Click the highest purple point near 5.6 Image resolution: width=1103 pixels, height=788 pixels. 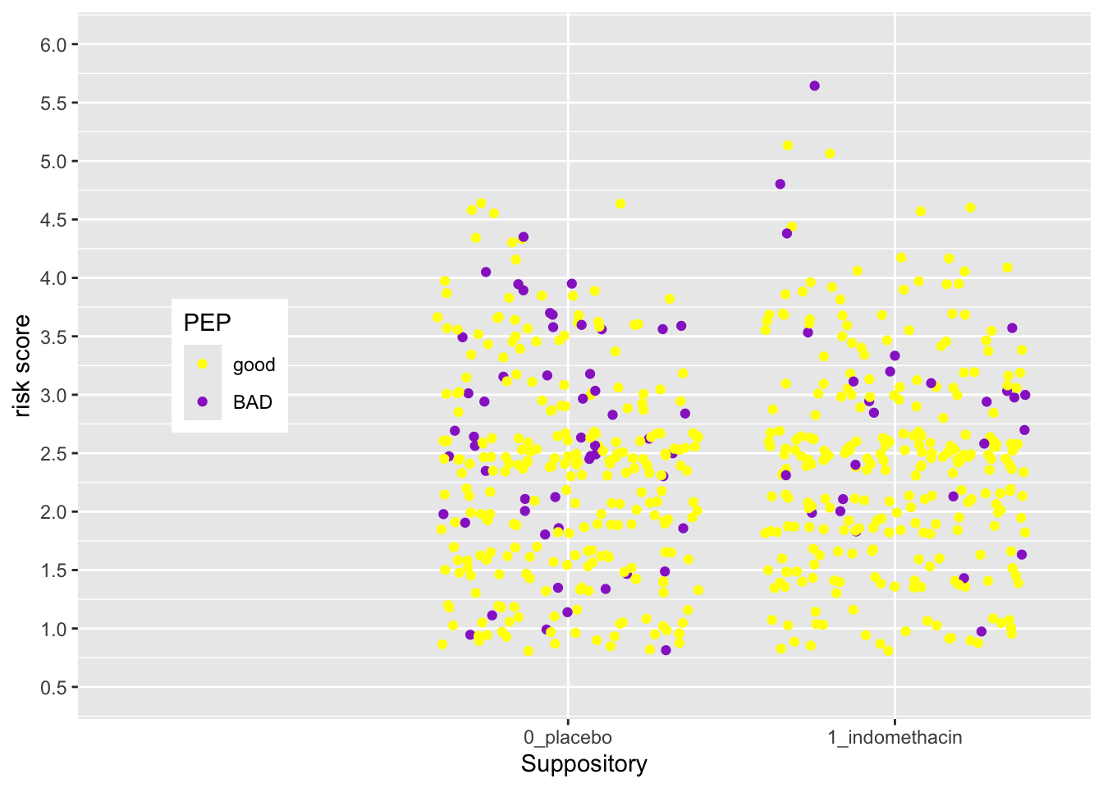pyautogui.click(x=814, y=85)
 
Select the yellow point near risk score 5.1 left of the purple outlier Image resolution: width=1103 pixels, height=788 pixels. pyautogui.click(x=787, y=145)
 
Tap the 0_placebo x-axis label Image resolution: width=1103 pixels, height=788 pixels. pyautogui.click(x=568, y=737)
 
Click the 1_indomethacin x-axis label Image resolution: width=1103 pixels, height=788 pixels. pyautogui.click(x=895, y=737)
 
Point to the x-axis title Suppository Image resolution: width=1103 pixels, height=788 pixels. pyautogui.click(x=584, y=764)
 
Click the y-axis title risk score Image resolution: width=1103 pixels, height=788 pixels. pyautogui.click(x=22, y=366)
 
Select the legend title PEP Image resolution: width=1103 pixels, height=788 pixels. pyautogui.click(x=207, y=323)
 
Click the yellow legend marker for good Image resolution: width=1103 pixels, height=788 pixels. pyautogui.click(x=203, y=364)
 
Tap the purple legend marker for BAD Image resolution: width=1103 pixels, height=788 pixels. pyautogui.click(x=203, y=402)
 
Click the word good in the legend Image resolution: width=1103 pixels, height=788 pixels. pyautogui.click(x=254, y=365)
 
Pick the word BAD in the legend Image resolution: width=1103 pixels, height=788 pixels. pyautogui.click(x=252, y=403)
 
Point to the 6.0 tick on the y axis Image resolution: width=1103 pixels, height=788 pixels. pyautogui.click(x=53, y=44)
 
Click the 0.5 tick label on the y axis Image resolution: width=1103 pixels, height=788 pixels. pyautogui.click(x=53, y=687)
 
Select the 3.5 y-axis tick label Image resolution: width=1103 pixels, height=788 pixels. pyautogui.click(x=53, y=337)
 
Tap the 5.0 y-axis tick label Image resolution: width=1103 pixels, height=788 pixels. pyautogui.click(x=53, y=162)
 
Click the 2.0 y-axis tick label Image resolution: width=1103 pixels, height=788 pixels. pyautogui.click(x=53, y=511)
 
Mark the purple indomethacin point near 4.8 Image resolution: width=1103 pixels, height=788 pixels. pyautogui.click(x=780, y=184)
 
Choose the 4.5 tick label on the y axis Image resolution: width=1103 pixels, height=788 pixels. pyautogui.click(x=53, y=220)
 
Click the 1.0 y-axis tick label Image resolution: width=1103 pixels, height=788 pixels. pyautogui.click(x=53, y=629)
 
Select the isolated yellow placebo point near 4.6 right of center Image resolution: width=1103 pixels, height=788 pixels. pyautogui.click(x=620, y=204)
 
